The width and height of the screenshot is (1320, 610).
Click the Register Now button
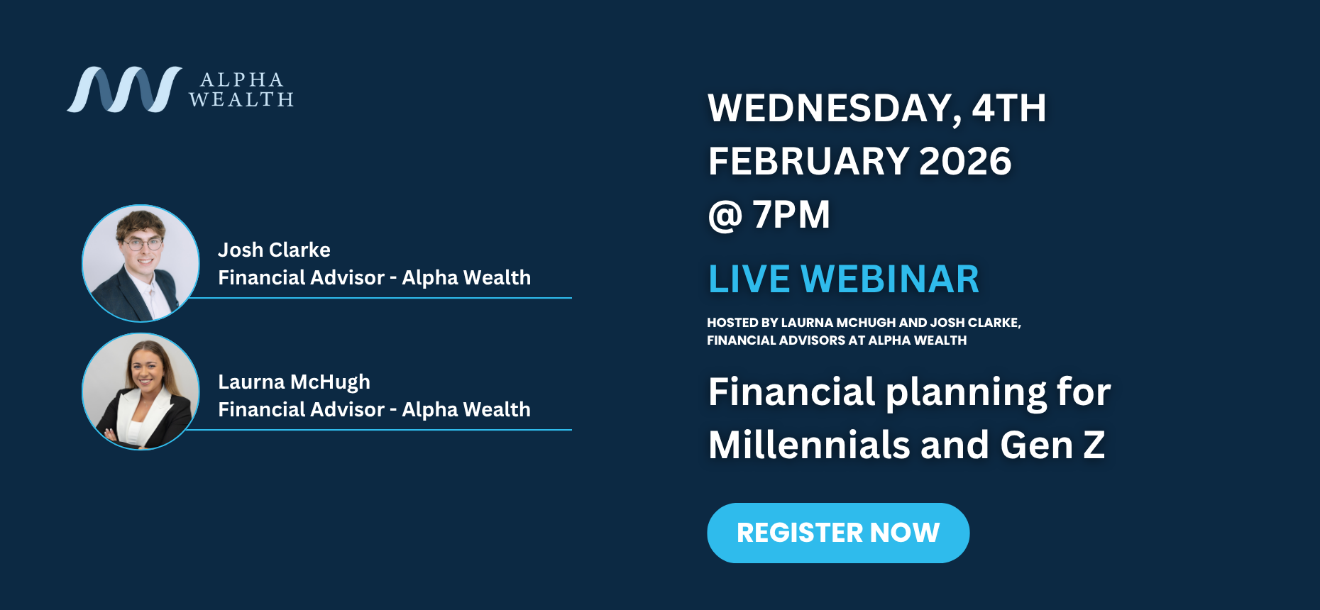(838, 533)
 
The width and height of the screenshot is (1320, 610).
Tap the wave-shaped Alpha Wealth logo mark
(124, 89)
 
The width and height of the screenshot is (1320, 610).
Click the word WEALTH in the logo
(241, 100)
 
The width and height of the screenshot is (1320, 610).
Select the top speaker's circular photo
(141, 263)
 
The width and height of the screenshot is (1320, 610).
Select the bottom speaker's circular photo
(141, 392)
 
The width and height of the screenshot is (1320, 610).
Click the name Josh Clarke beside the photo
(274, 250)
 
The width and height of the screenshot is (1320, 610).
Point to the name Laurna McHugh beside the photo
(294, 382)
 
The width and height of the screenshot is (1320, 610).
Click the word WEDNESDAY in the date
(835, 109)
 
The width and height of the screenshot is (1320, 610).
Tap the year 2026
(965, 161)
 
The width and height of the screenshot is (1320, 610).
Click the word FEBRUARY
(808, 161)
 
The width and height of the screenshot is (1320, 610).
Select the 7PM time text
(791, 214)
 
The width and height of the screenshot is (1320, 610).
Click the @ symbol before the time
(725, 216)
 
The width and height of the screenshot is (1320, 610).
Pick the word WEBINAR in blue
(890, 279)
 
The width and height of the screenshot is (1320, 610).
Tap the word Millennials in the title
(809, 445)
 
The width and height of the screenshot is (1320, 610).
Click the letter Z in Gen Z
(1094, 445)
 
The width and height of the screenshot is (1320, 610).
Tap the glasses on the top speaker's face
(143, 244)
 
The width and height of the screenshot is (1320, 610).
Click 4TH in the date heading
(1009, 109)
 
